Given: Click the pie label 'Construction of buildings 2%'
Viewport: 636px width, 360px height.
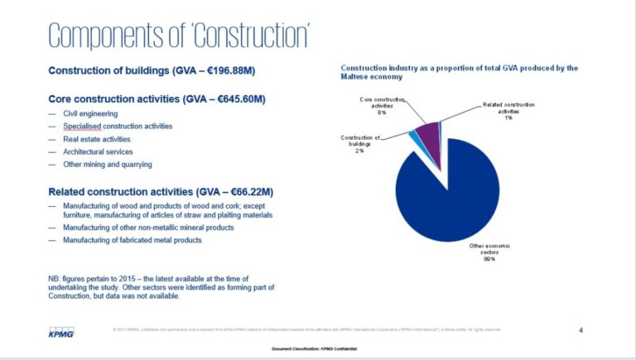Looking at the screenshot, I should (359, 144).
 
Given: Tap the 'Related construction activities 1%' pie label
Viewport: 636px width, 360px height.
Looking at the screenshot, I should (508, 111).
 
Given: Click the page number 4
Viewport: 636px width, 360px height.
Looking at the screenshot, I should (581, 330).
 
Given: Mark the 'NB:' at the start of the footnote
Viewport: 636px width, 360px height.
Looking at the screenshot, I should (55, 279).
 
